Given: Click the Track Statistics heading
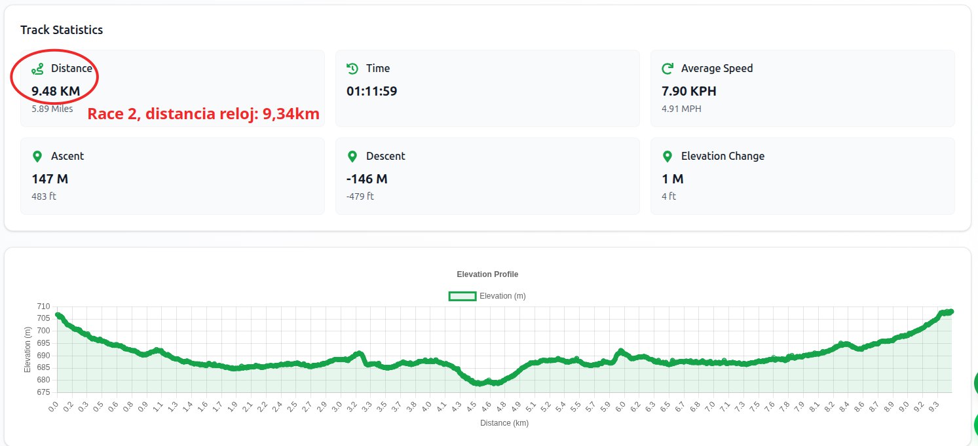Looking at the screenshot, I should coord(62,30).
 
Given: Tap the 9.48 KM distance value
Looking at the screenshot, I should coord(56,91).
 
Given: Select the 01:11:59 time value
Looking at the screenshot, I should coord(371,91).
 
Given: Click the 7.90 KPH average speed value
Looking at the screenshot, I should coord(688,91).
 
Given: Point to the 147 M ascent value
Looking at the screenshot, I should coord(50,179).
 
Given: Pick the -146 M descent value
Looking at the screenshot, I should coord(367,179).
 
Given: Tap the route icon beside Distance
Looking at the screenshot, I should coord(38,69).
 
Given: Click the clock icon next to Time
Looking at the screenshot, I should coord(352,69).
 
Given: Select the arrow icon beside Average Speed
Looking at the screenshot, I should coord(668,69).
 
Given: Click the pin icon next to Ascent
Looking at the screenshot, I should coord(37,157).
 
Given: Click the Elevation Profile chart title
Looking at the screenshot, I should coord(487,274).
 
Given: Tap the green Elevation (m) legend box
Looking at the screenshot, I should coord(462,296).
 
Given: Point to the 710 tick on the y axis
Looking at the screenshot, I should coord(43,307).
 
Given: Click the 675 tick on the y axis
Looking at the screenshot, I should coord(43,392).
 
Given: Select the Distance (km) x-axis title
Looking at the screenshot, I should coord(504,423).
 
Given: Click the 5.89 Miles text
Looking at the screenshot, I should coord(52,109).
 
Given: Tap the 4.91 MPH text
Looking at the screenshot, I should coord(681,109).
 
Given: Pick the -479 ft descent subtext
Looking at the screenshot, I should coord(360,196).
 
